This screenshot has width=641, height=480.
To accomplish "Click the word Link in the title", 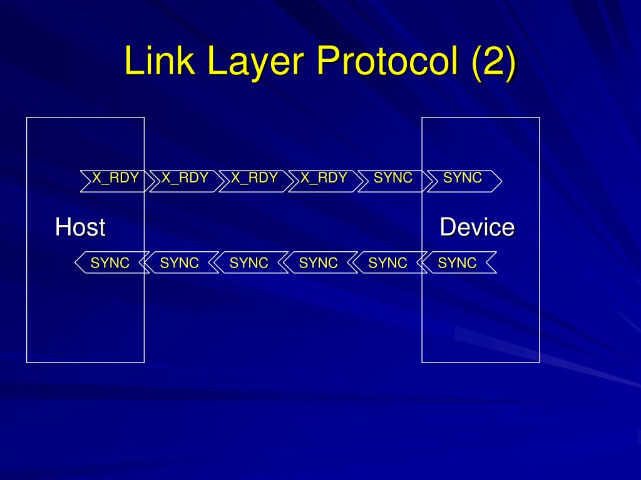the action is click(157, 61).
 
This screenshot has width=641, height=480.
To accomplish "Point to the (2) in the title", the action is click(493, 61).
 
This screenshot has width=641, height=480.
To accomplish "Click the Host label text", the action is click(80, 227).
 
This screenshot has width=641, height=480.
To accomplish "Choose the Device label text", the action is click(477, 227).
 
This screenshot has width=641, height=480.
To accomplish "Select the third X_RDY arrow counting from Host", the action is click(254, 179).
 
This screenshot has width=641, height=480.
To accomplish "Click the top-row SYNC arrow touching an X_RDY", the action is click(393, 179).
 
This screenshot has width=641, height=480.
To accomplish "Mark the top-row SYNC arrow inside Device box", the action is click(463, 179).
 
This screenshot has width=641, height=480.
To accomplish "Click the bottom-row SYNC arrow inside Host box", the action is click(110, 263).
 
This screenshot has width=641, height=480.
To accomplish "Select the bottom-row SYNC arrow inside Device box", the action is click(458, 263).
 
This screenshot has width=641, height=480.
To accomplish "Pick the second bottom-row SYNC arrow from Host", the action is click(180, 263).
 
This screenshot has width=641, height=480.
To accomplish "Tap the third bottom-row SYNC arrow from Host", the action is click(249, 263).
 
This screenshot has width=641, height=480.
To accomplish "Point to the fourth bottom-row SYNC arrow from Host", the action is click(319, 263).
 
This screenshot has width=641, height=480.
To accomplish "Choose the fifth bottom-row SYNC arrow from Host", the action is click(388, 263).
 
